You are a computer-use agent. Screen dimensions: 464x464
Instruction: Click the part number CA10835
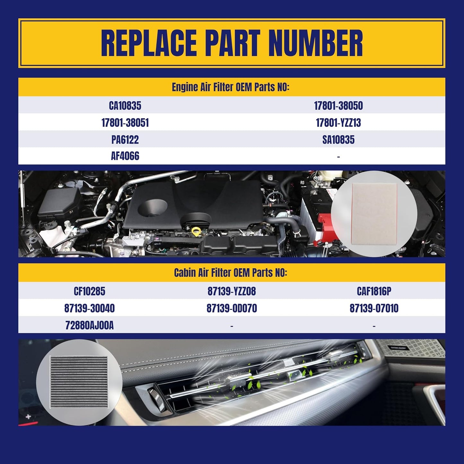pos(125,105)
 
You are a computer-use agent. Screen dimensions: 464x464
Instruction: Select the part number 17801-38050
pos(338,105)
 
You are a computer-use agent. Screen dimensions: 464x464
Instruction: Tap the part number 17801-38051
pos(125,123)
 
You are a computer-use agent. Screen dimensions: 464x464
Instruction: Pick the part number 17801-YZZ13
pos(338,123)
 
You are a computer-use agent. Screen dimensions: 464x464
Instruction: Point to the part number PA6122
pos(125,140)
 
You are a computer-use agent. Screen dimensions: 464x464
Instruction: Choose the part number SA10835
pos(338,140)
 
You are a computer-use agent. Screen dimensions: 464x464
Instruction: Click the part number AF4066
pos(125,156)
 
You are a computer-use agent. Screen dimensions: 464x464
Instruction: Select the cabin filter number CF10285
pos(89,291)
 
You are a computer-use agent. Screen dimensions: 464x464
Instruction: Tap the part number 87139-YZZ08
pos(232,291)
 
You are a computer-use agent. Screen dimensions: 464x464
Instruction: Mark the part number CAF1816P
pos(374,291)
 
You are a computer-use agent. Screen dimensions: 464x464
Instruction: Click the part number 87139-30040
pos(89,308)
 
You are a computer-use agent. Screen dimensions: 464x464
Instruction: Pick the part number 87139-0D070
pos(232,308)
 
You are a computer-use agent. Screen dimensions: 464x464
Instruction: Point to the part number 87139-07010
pos(374,308)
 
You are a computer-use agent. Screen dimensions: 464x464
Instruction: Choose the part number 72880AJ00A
pos(89,325)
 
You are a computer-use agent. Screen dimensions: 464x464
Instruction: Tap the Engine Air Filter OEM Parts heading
pos(231,87)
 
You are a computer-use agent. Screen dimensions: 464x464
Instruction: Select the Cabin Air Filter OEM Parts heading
pos(231,273)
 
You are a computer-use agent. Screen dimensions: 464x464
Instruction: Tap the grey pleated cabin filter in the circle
pos(78,382)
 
